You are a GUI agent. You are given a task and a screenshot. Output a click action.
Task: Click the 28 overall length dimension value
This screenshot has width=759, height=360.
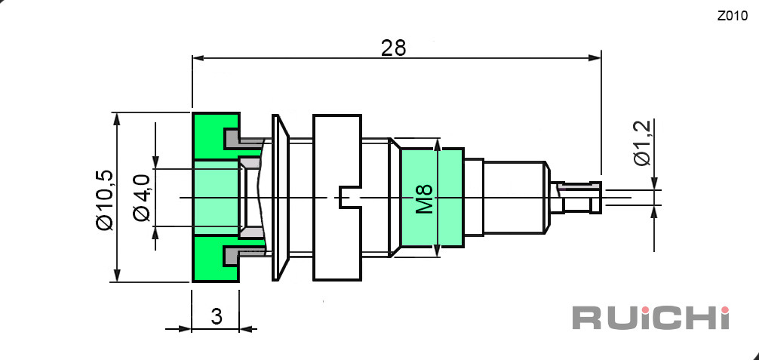[393, 48]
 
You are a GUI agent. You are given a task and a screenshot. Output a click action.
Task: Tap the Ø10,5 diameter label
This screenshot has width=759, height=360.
[105, 200]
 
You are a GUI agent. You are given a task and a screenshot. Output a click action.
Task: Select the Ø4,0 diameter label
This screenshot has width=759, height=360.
[143, 198]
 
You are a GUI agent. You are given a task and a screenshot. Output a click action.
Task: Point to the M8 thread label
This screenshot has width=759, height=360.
[425, 198]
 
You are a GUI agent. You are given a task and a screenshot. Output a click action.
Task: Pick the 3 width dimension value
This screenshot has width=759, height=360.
[217, 316]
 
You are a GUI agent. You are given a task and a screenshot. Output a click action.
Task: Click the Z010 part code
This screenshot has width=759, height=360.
[733, 16]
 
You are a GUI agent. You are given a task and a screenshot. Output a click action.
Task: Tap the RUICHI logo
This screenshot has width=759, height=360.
[651, 318]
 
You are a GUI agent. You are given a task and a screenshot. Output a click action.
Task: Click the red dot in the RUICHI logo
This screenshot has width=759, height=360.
[724, 309]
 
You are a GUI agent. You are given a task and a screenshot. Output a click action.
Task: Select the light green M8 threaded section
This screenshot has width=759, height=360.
[432, 198]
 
